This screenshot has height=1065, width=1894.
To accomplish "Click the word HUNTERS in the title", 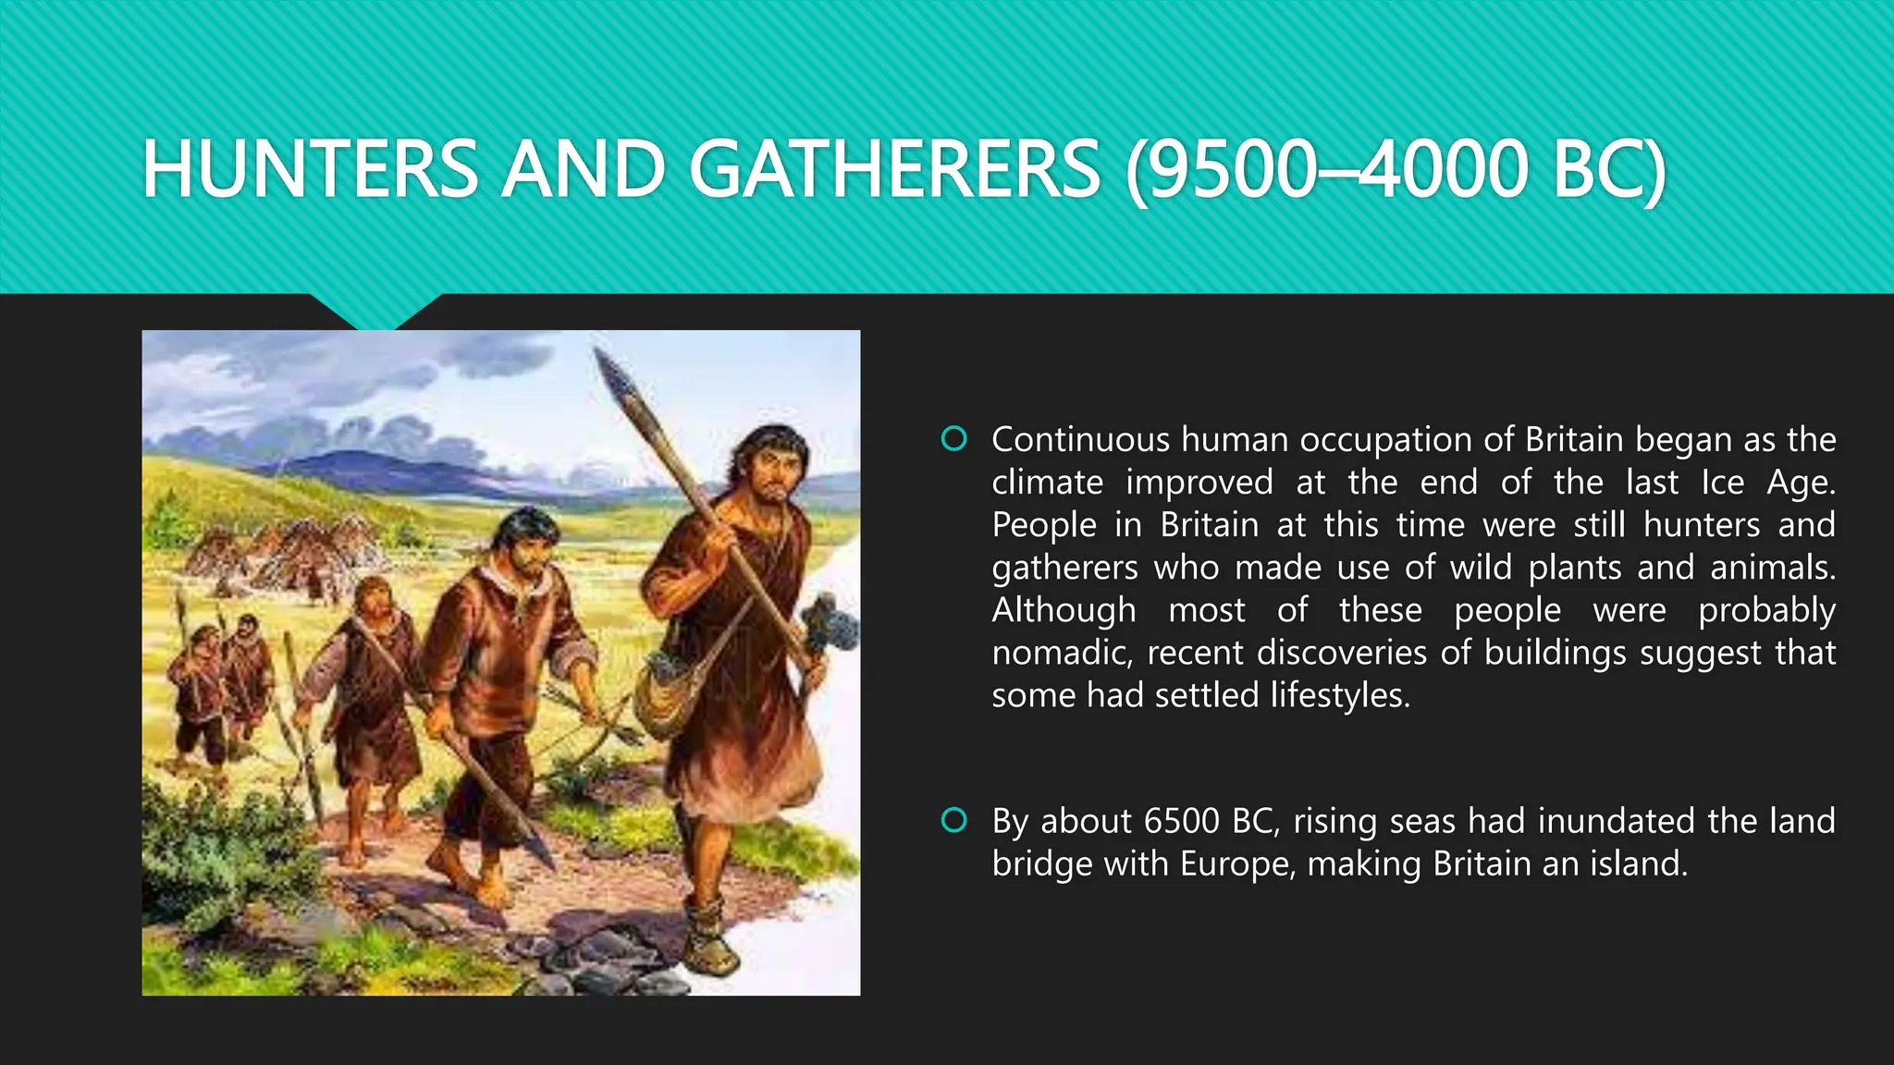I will [310, 169].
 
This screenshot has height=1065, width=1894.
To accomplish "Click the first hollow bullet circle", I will [953, 438].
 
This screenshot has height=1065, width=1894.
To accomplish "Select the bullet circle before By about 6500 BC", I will [953, 820].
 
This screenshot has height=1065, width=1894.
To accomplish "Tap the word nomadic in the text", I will [1062, 653].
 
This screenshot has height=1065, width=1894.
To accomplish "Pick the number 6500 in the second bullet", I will [1181, 821].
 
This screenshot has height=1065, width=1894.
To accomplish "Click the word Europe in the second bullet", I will [1236, 863].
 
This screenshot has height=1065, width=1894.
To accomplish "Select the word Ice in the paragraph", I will [1722, 483].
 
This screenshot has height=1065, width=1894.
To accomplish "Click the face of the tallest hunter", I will [773, 471].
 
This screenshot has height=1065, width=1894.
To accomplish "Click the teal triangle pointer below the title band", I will [375, 311].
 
